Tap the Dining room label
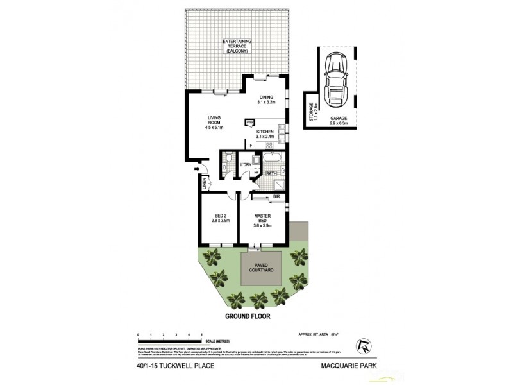point(265,99)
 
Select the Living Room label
point(214,121)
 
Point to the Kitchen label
point(265,133)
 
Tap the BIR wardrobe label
point(276,196)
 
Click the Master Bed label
point(264,219)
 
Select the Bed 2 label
point(219,219)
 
